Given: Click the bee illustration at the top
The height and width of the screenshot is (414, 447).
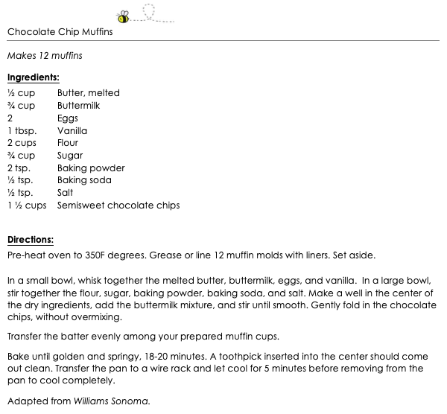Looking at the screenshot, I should [x=123, y=17].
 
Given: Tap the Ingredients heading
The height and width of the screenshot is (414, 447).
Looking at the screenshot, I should [x=33, y=77].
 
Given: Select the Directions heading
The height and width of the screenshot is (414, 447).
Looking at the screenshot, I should [x=31, y=240].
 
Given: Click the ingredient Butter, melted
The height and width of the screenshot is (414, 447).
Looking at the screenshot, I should [x=88, y=93].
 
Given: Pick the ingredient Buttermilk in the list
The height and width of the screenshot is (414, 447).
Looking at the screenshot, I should [x=78, y=106].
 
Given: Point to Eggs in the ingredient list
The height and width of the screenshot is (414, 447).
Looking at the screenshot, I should [x=68, y=118].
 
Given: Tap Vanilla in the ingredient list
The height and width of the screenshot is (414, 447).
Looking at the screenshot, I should [x=72, y=130].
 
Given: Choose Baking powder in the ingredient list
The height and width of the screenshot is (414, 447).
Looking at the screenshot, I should [x=91, y=168].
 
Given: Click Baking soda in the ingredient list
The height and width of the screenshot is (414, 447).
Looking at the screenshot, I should [x=84, y=180].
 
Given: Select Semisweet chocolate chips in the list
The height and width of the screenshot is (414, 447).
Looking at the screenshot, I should [x=118, y=206].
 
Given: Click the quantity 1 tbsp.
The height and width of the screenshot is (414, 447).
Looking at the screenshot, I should [x=22, y=130].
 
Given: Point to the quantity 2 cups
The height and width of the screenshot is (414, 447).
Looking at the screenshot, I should [x=22, y=143].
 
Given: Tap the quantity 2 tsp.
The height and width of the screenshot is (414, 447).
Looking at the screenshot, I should [x=18, y=168].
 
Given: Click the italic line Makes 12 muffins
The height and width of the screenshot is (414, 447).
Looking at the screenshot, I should [x=45, y=55].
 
